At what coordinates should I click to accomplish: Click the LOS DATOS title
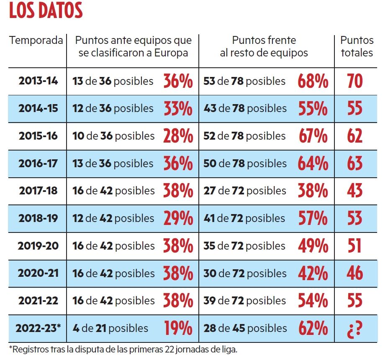[46, 11]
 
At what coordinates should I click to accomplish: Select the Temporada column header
[36, 41]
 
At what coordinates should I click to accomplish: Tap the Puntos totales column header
[357, 46]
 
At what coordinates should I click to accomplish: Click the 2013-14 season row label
[38, 81]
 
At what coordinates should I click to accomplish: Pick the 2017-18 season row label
[38, 191]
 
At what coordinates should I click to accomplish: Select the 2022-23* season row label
[38, 328]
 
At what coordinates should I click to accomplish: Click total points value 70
[355, 81]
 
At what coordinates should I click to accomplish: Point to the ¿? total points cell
[355, 328]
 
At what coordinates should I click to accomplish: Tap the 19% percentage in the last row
[178, 328]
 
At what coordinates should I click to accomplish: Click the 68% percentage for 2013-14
[313, 81]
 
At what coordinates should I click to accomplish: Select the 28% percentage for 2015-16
[178, 136]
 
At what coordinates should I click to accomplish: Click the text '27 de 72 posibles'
[244, 191]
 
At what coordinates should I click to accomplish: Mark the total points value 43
[355, 191]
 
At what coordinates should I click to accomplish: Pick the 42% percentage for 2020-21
[313, 273]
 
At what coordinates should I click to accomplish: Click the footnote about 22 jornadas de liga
[126, 349]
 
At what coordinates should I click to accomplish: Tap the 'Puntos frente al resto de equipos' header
[264, 46]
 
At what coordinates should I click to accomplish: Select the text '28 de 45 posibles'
[244, 328]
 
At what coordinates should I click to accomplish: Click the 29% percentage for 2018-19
[178, 218]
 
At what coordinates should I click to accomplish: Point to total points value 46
[355, 273]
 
